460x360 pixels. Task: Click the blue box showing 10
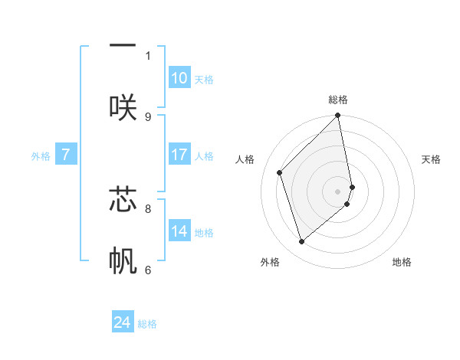coord(179,78)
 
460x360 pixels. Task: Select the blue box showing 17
coord(179,155)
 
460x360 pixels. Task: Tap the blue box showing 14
coord(179,231)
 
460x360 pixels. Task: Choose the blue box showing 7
coord(66,155)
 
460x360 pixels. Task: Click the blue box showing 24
coord(123,322)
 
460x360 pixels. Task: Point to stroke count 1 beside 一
coord(148,56)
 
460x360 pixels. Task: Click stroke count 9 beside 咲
coord(148,117)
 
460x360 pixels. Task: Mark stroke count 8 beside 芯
coord(148,208)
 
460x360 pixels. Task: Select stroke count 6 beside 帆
coord(148,270)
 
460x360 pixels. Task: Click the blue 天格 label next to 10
coord(204,80)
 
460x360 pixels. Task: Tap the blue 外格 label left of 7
coord(41,156)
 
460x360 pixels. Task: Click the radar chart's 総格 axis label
coord(338,100)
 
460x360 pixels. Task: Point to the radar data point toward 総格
coord(338,116)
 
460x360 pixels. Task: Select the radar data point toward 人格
coord(280,172)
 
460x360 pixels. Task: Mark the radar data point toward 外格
coord(301,242)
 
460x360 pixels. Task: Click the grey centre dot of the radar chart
coord(338,191)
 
